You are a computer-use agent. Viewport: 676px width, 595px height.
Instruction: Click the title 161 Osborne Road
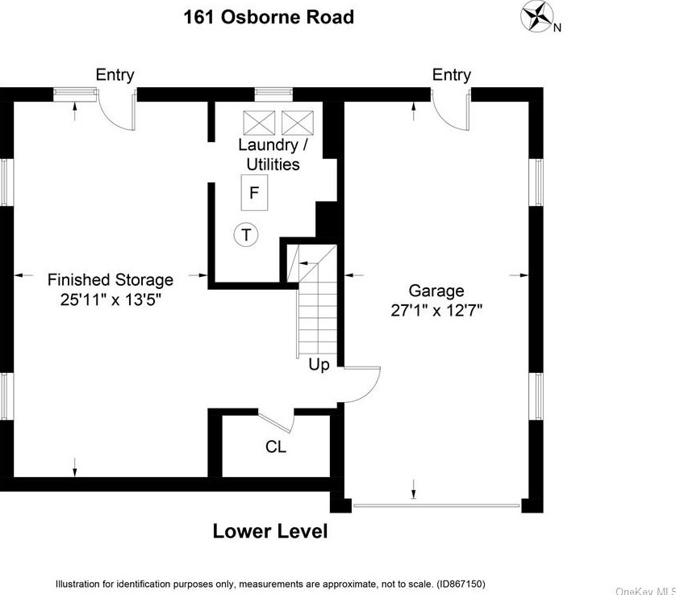coord(269,16)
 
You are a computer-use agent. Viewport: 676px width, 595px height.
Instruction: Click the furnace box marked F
coord(254,194)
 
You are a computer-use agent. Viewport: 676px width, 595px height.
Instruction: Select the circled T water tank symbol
coord(246,236)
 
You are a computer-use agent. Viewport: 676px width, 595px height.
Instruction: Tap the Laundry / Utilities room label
coord(273,155)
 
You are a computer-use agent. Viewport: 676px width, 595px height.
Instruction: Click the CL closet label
coord(276,446)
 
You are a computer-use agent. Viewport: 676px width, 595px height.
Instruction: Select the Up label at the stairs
coord(319,365)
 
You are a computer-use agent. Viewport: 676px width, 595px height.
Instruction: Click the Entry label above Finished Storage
coord(115,75)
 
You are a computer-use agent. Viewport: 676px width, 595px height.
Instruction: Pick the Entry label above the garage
coord(451,75)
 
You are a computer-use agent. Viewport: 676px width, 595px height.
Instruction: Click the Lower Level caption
coord(270,531)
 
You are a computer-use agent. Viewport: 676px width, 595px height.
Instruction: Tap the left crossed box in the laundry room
coord(260,123)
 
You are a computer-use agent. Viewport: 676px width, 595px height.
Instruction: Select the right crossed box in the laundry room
coord(297,123)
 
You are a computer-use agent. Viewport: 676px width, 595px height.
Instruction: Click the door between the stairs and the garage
coord(361,383)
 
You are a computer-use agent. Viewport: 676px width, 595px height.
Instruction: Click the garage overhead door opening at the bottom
coord(436,506)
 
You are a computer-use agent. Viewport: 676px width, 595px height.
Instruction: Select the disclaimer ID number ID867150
coord(459,583)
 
